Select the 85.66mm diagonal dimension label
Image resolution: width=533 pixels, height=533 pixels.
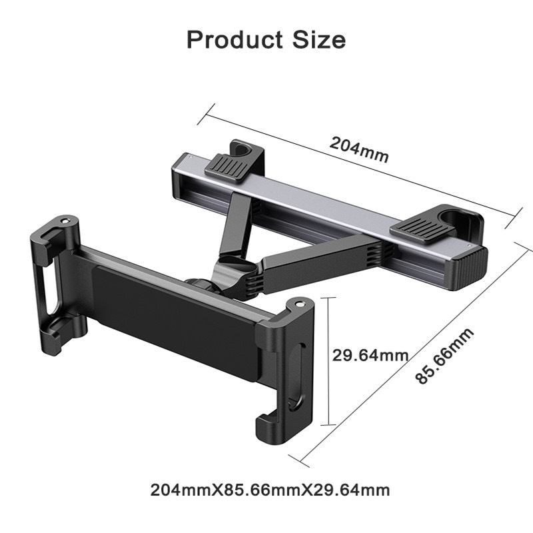444,356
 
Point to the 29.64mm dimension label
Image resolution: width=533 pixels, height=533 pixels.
370,354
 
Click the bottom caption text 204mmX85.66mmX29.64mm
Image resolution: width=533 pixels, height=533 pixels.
270,491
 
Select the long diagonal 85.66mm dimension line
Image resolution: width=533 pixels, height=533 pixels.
413,353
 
